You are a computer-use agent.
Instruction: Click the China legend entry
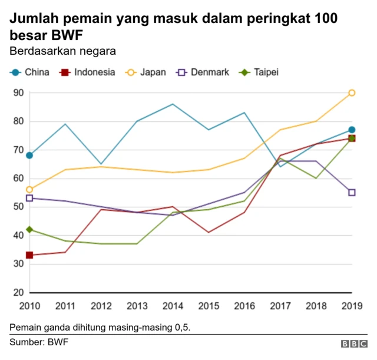pos(29,72)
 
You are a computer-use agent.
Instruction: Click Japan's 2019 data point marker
pos(352,93)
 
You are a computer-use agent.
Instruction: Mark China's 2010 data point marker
pos(29,156)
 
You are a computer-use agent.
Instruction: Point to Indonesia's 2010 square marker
pos(29,255)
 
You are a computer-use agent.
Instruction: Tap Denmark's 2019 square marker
pos(352,192)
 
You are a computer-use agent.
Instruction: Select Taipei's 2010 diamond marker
pos(29,229)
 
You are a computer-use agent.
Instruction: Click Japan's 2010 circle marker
pos(29,190)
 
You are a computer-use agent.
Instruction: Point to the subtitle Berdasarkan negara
pos(62,51)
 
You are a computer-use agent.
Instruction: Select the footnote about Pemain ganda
pos(100,326)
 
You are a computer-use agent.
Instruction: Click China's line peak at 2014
pos(173,104)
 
